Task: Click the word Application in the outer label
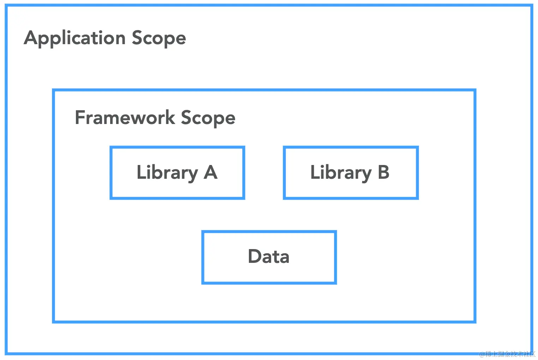(74, 38)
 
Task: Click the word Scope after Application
(159, 38)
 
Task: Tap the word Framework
(125, 118)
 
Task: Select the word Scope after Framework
(208, 118)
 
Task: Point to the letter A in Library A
(210, 172)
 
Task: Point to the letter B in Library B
(383, 172)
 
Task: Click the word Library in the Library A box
(167, 173)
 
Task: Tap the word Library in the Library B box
(341, 173)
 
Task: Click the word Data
(269, 256)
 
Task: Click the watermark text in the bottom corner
(507, 354)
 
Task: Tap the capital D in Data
(255, 256)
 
